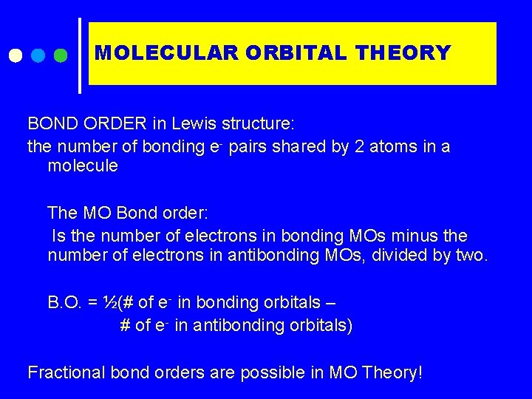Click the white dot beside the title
click(x=16, y=55)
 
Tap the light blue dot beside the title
click(x=38, y=55)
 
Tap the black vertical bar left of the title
click(x=80, y=55)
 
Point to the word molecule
click(x=82, y=166)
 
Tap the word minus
click(x=411, y=236)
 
